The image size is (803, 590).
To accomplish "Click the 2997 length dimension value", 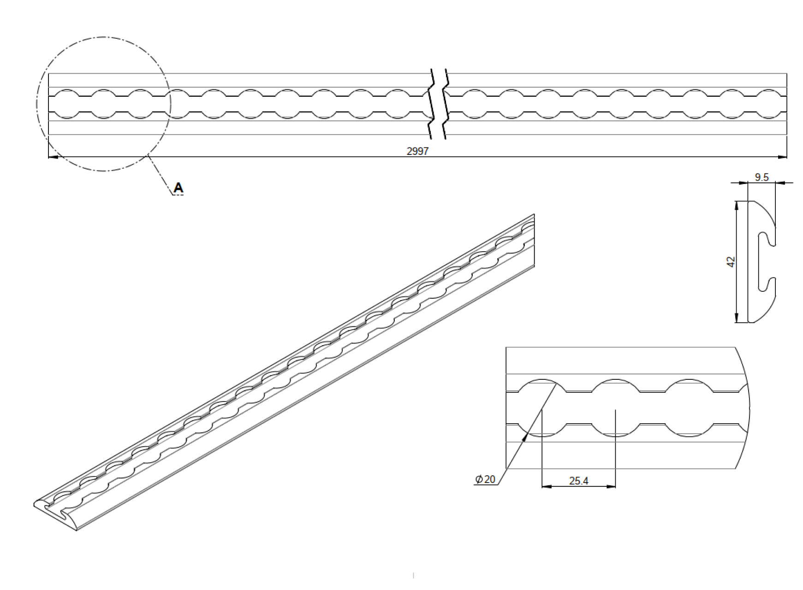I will coord(417,151).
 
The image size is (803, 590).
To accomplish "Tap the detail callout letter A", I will coord(178,188).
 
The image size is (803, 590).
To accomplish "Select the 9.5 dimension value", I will coord(761,177).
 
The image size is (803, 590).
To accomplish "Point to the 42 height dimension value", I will coord(731,262).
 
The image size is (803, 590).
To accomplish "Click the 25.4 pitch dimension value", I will coord(578,481).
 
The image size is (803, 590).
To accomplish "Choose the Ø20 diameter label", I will coord(485,479).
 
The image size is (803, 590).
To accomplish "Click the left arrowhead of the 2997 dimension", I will coord(52,157).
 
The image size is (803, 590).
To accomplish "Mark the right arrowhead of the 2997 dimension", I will coord(783,157).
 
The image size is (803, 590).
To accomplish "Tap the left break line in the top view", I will coord(432,104).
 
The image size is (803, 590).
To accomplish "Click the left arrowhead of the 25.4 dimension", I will coord(546,486).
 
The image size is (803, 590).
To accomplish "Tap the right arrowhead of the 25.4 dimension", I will coord(611,486).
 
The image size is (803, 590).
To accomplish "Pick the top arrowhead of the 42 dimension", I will coord(737,206).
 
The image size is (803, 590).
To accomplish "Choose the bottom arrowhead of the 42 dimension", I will coord(737,318).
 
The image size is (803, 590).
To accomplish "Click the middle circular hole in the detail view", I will coord(616,408).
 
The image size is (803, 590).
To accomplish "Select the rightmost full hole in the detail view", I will coord(689,408).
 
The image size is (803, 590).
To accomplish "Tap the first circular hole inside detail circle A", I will coord(67,104).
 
